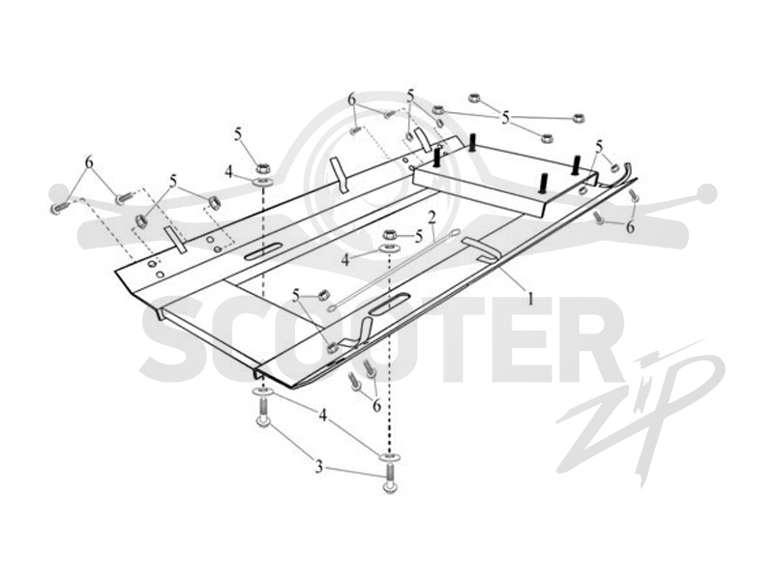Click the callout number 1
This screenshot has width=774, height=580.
click(x=531, y=298)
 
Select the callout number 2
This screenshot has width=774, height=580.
click(x=432, y=217)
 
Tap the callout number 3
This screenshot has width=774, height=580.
click(x=319, y=466)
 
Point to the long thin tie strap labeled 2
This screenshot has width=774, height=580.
click(x=393, y=271)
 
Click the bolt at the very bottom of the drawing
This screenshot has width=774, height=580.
click(x=390, y=480)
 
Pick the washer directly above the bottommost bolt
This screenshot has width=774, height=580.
click(x=390, y=457)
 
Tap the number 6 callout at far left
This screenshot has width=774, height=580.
click(x=89, y=161)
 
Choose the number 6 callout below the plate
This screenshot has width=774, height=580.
click(x=376, y=406)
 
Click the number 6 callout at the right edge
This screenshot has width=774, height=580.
click(x=630, y=227)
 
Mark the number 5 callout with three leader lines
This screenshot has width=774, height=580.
click(x=505, y=117)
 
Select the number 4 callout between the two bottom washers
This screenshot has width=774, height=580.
click(x=322, y=416)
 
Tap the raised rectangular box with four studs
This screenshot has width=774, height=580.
click(x=504, y=181)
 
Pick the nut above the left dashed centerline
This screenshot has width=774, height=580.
click(x=263, y=167)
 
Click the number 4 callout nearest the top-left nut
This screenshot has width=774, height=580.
click(x=228, y=172)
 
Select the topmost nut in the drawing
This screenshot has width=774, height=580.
click(x=475, y=97)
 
